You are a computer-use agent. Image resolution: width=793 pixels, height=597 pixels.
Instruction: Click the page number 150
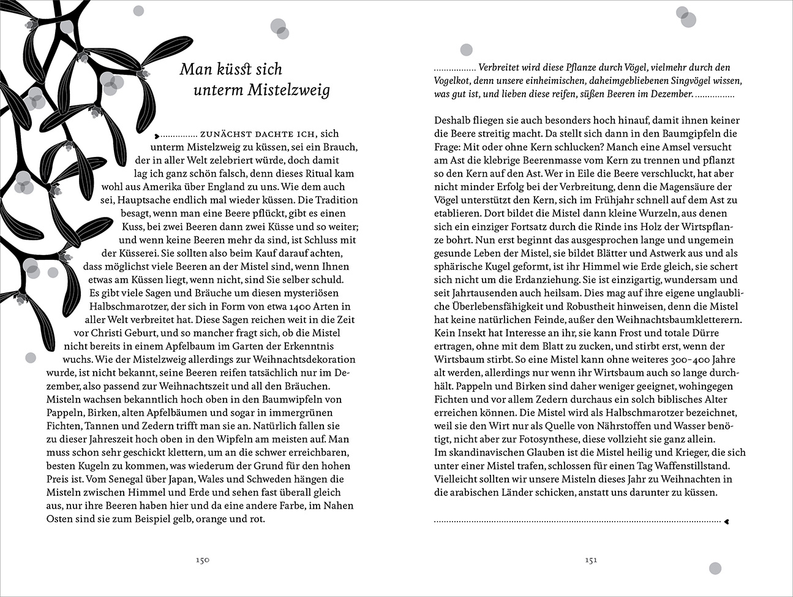(202, 560)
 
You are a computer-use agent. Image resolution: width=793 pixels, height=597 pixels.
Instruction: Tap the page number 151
(590, 560)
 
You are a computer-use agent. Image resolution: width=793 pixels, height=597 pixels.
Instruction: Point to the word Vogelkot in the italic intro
(454, 81)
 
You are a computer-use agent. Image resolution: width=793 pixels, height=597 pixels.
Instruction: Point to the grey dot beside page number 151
(715, 568)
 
